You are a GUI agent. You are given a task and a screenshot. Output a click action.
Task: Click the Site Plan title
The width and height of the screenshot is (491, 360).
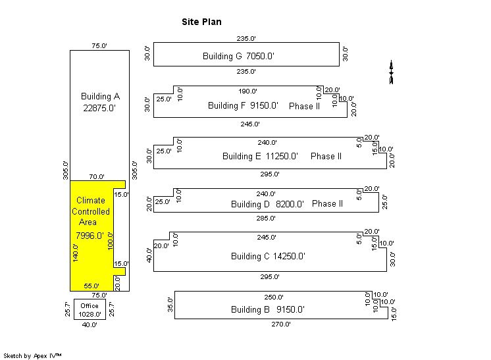[201, 22]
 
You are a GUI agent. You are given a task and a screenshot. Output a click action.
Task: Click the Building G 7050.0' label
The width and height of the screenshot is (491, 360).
[238, 57]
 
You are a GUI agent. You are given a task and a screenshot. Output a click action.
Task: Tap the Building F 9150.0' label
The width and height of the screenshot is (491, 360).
[243, 105]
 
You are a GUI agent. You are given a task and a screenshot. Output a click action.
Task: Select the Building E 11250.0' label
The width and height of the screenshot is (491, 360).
[260, 156]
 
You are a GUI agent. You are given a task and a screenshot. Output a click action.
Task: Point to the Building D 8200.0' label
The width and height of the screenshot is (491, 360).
[267, 204]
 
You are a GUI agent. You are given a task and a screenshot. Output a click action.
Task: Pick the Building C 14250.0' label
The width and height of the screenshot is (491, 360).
[268, 256]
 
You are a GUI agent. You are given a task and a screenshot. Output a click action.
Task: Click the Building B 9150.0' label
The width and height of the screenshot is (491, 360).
[268, 309]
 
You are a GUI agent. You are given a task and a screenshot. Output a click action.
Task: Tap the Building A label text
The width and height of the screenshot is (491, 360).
[100, 96]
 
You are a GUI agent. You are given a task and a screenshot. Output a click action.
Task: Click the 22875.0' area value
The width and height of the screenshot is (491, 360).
[99, 108]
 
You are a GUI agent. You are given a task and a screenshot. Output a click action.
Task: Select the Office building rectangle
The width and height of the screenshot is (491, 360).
[90, 309]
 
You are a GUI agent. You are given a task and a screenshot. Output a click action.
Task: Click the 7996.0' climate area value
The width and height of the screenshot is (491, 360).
[90, 236]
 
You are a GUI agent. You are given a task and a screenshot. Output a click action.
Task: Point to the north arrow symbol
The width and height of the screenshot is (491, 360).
[391, 72]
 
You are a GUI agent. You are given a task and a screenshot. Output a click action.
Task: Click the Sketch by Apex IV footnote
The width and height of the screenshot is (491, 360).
[32, 355]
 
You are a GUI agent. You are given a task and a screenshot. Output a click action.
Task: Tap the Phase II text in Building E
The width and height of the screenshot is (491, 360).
[326, 156]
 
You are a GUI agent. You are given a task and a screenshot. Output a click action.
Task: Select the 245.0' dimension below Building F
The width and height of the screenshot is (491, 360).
[250, 124]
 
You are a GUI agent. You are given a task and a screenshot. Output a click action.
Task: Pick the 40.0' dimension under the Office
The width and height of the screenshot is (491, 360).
[90, 324]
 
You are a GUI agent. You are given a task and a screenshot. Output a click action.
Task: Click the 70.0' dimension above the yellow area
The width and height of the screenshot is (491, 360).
[97, 176]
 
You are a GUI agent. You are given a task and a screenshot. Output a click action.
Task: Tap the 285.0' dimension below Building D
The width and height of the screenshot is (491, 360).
[266, 219]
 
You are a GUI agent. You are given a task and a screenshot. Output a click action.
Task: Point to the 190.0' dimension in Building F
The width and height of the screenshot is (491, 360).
[247, 91]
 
